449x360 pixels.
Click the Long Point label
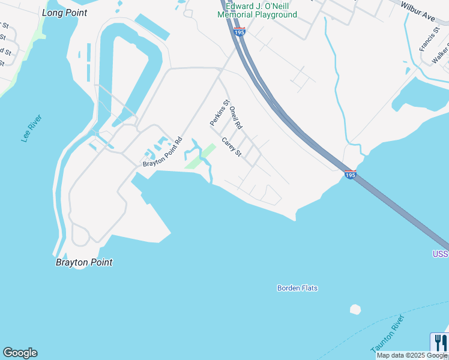pyautogui.click(x=65, y=13)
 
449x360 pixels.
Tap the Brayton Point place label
pyautogui.click(x=84, y=262)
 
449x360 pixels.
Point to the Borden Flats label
pyautogui.click(x=297, y=288)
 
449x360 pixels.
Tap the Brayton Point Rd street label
pyautogui.click(x=162, y=153)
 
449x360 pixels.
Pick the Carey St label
pyautogui.click(x=231, y=147)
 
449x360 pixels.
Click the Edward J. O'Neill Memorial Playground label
pyautogui.click(x=257, y=10)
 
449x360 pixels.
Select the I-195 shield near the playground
pyautogui.click(x=240, y=31)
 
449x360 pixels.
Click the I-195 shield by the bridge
pyautogui.click(x=351, y=175)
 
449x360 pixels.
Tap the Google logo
pyautogui.click(x=20, y=353)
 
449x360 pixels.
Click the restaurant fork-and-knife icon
pyautogui.click(x=439, y=343)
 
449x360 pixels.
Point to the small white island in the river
pyautogui.click(x=355, y=310)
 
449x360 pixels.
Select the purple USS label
pyautogui.click(x=440, y=254)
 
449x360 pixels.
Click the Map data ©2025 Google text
pyautogui.click(x=412, y=355)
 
